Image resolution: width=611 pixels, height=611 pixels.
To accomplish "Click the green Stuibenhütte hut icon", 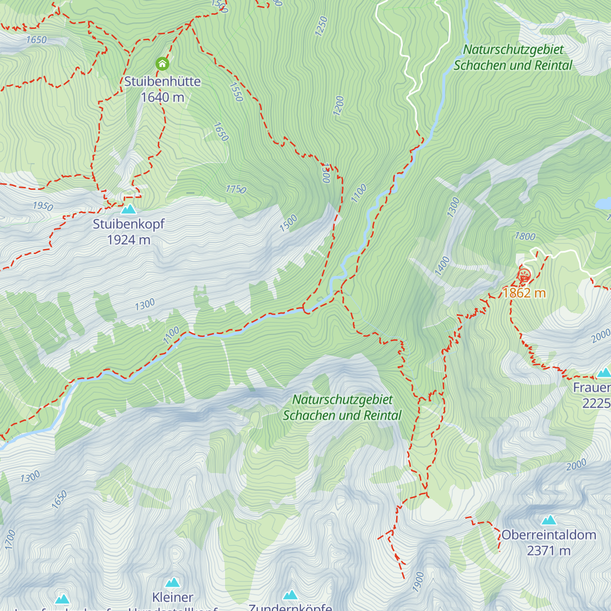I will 162,64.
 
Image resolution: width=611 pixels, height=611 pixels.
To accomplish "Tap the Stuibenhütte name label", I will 162,81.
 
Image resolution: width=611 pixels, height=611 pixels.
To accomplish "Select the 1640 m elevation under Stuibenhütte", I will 162,97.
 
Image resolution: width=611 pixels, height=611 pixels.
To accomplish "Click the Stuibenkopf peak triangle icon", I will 129,209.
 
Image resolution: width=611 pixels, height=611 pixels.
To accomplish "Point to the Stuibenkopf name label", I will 129,224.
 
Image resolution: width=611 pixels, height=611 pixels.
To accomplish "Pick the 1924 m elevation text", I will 129,240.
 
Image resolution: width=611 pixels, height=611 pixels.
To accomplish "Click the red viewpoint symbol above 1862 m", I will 524,275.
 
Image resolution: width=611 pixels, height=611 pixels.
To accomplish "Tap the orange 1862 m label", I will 524,293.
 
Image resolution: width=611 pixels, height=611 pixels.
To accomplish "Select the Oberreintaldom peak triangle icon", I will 548,520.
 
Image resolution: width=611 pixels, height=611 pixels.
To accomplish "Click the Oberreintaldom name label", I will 548,535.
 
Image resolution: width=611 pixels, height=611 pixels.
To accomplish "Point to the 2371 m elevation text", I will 548,551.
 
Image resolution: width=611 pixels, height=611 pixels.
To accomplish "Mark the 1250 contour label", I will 321,26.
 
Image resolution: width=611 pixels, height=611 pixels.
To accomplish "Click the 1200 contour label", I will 339,106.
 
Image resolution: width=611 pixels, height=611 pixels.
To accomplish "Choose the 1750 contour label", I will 236,189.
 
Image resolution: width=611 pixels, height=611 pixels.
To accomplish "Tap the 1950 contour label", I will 43,206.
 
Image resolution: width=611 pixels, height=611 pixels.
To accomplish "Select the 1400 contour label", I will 442,266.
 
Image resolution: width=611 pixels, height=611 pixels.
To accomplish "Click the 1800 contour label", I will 525,236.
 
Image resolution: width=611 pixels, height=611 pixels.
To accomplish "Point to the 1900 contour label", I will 419,581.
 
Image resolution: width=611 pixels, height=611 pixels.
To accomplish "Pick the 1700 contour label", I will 10,540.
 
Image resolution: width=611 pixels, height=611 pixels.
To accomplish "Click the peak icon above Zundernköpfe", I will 290,595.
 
